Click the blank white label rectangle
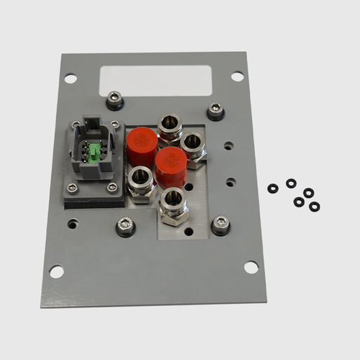click(155, 81)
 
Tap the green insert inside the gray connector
click(94, 152)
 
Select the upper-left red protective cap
click(141, 145)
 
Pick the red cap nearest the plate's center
click(171, 166)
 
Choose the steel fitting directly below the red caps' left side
click(140, 180)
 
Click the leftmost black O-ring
click(273, 189)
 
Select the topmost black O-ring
click(291, 184)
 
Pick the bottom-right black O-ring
click(315, 207)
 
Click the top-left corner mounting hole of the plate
click(71, 78)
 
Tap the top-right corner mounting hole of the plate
click(237, 76)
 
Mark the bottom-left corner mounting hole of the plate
click(56, 271)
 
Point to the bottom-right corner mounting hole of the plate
click(251, 267)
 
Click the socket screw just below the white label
click(114, 100)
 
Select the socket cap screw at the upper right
click(215, 111)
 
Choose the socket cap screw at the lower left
click(125, 227)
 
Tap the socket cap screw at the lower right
click(220, 225)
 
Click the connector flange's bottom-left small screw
click(73, 189)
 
